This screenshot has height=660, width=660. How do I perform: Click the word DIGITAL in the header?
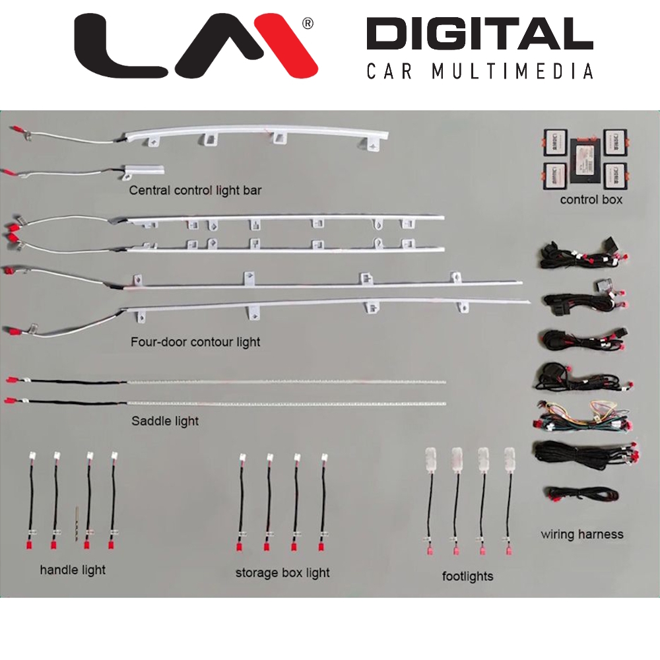(x=479, y=34)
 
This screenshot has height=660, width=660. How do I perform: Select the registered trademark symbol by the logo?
(x=307, y=24)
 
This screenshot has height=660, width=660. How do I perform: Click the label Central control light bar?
(x=195, y=191)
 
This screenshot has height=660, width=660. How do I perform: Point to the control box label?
(x=591, y=199)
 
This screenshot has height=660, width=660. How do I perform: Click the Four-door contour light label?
(x=195, y=342)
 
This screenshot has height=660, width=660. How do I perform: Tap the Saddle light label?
(x=165, y=420)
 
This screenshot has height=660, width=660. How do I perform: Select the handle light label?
(x=73, y=569)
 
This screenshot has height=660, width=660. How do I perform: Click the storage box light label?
(x=282, y=572)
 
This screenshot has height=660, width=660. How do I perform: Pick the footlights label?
(x=467, y=576)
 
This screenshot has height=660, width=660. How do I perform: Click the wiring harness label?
(x=581, y=534)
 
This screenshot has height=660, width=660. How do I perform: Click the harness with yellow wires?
(x=581, y=416)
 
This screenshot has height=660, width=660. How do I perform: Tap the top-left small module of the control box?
(x=554, y=141)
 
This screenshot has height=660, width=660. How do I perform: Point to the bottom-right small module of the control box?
(x=617, y=174)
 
